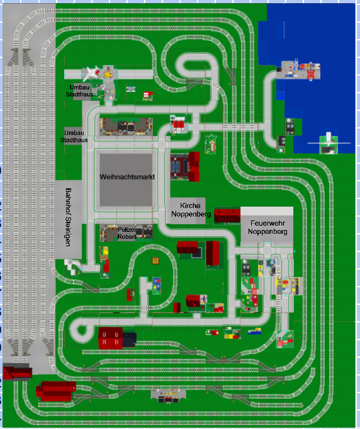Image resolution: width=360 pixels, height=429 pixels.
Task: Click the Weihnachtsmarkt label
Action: tap(127, 177)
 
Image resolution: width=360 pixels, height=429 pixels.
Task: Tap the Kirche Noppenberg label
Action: tap(191, 210)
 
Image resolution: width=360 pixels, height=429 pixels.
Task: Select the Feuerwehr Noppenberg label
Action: tap(267, 227)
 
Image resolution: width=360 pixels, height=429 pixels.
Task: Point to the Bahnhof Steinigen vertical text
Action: tap(69, 217)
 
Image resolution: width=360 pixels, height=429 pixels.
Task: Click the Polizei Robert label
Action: tap(127, 233)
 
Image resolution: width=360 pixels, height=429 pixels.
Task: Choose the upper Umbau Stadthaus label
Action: tap(79, 91)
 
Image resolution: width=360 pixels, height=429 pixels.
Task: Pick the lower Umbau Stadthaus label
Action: tap(74, 136)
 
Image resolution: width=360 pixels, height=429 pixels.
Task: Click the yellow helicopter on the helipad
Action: tap(108, 73)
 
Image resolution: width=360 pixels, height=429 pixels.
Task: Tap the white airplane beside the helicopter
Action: tap(91, 73)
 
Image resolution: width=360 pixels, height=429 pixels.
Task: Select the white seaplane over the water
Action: tap(329, 142)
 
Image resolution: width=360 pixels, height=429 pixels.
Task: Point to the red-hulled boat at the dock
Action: tap(303, 66)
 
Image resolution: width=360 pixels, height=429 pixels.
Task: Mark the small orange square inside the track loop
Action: tap(155, 260)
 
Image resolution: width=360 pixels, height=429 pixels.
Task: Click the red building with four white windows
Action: tap(110, 338)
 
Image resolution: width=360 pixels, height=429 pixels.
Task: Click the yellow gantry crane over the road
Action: tap(287, 286)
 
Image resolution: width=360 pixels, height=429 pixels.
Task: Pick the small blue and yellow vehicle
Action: tap(254, 331)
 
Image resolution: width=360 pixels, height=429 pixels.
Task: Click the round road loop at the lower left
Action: tap(81, 330)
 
